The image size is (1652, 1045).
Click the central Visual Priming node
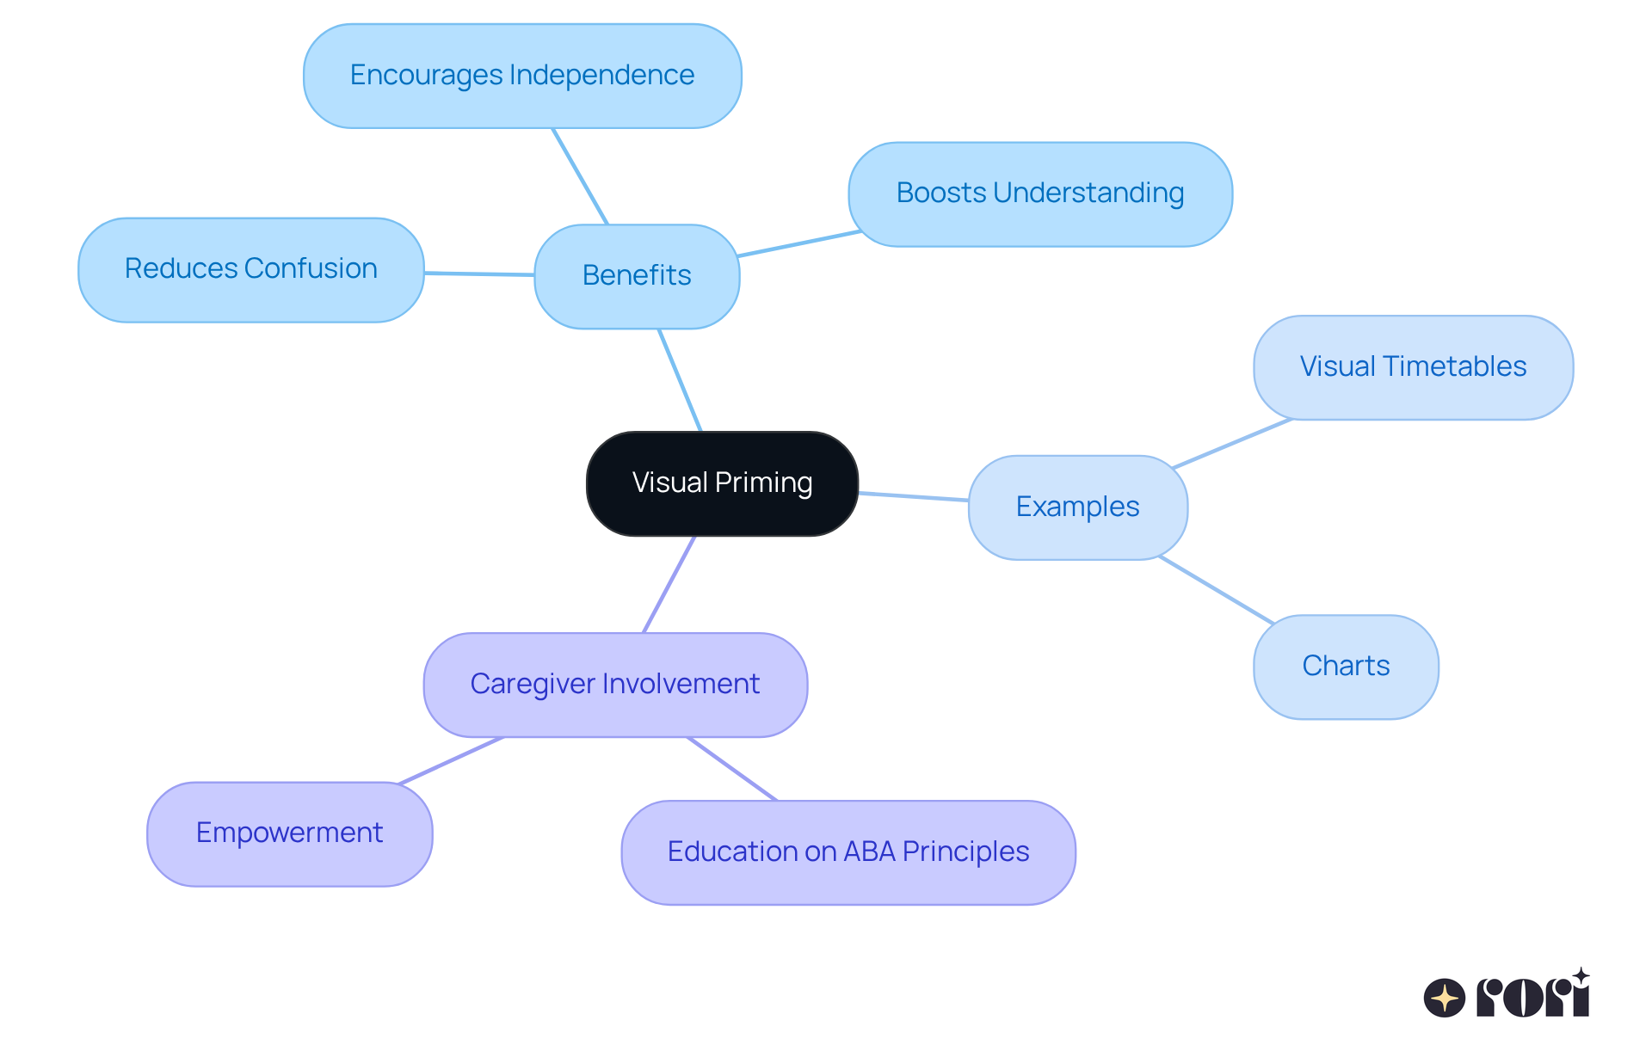point(722,483)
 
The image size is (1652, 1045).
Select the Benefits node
point(637,276)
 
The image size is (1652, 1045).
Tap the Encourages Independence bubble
point(522,76)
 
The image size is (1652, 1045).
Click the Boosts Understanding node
point(1039,194)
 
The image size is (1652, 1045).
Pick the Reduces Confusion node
point(250,269)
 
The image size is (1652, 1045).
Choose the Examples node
point(1077,507)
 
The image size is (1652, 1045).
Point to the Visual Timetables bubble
point(1413,367)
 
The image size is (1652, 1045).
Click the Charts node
point(1346,667)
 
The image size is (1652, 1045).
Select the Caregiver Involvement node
point(614,685)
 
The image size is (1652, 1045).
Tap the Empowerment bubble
point(289,833)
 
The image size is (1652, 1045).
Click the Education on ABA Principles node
point(848,852)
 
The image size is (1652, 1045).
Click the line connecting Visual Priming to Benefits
point(680,379)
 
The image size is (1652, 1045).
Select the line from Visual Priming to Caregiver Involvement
point(669,585)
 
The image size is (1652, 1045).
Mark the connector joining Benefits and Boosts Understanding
point(799,244)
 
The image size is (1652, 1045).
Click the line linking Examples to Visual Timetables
point(1232,444)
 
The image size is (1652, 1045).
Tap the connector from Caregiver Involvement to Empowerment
point(451,760)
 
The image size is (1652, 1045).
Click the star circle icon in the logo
point(1444,998)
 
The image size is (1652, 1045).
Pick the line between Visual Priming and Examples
point(914,496)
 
